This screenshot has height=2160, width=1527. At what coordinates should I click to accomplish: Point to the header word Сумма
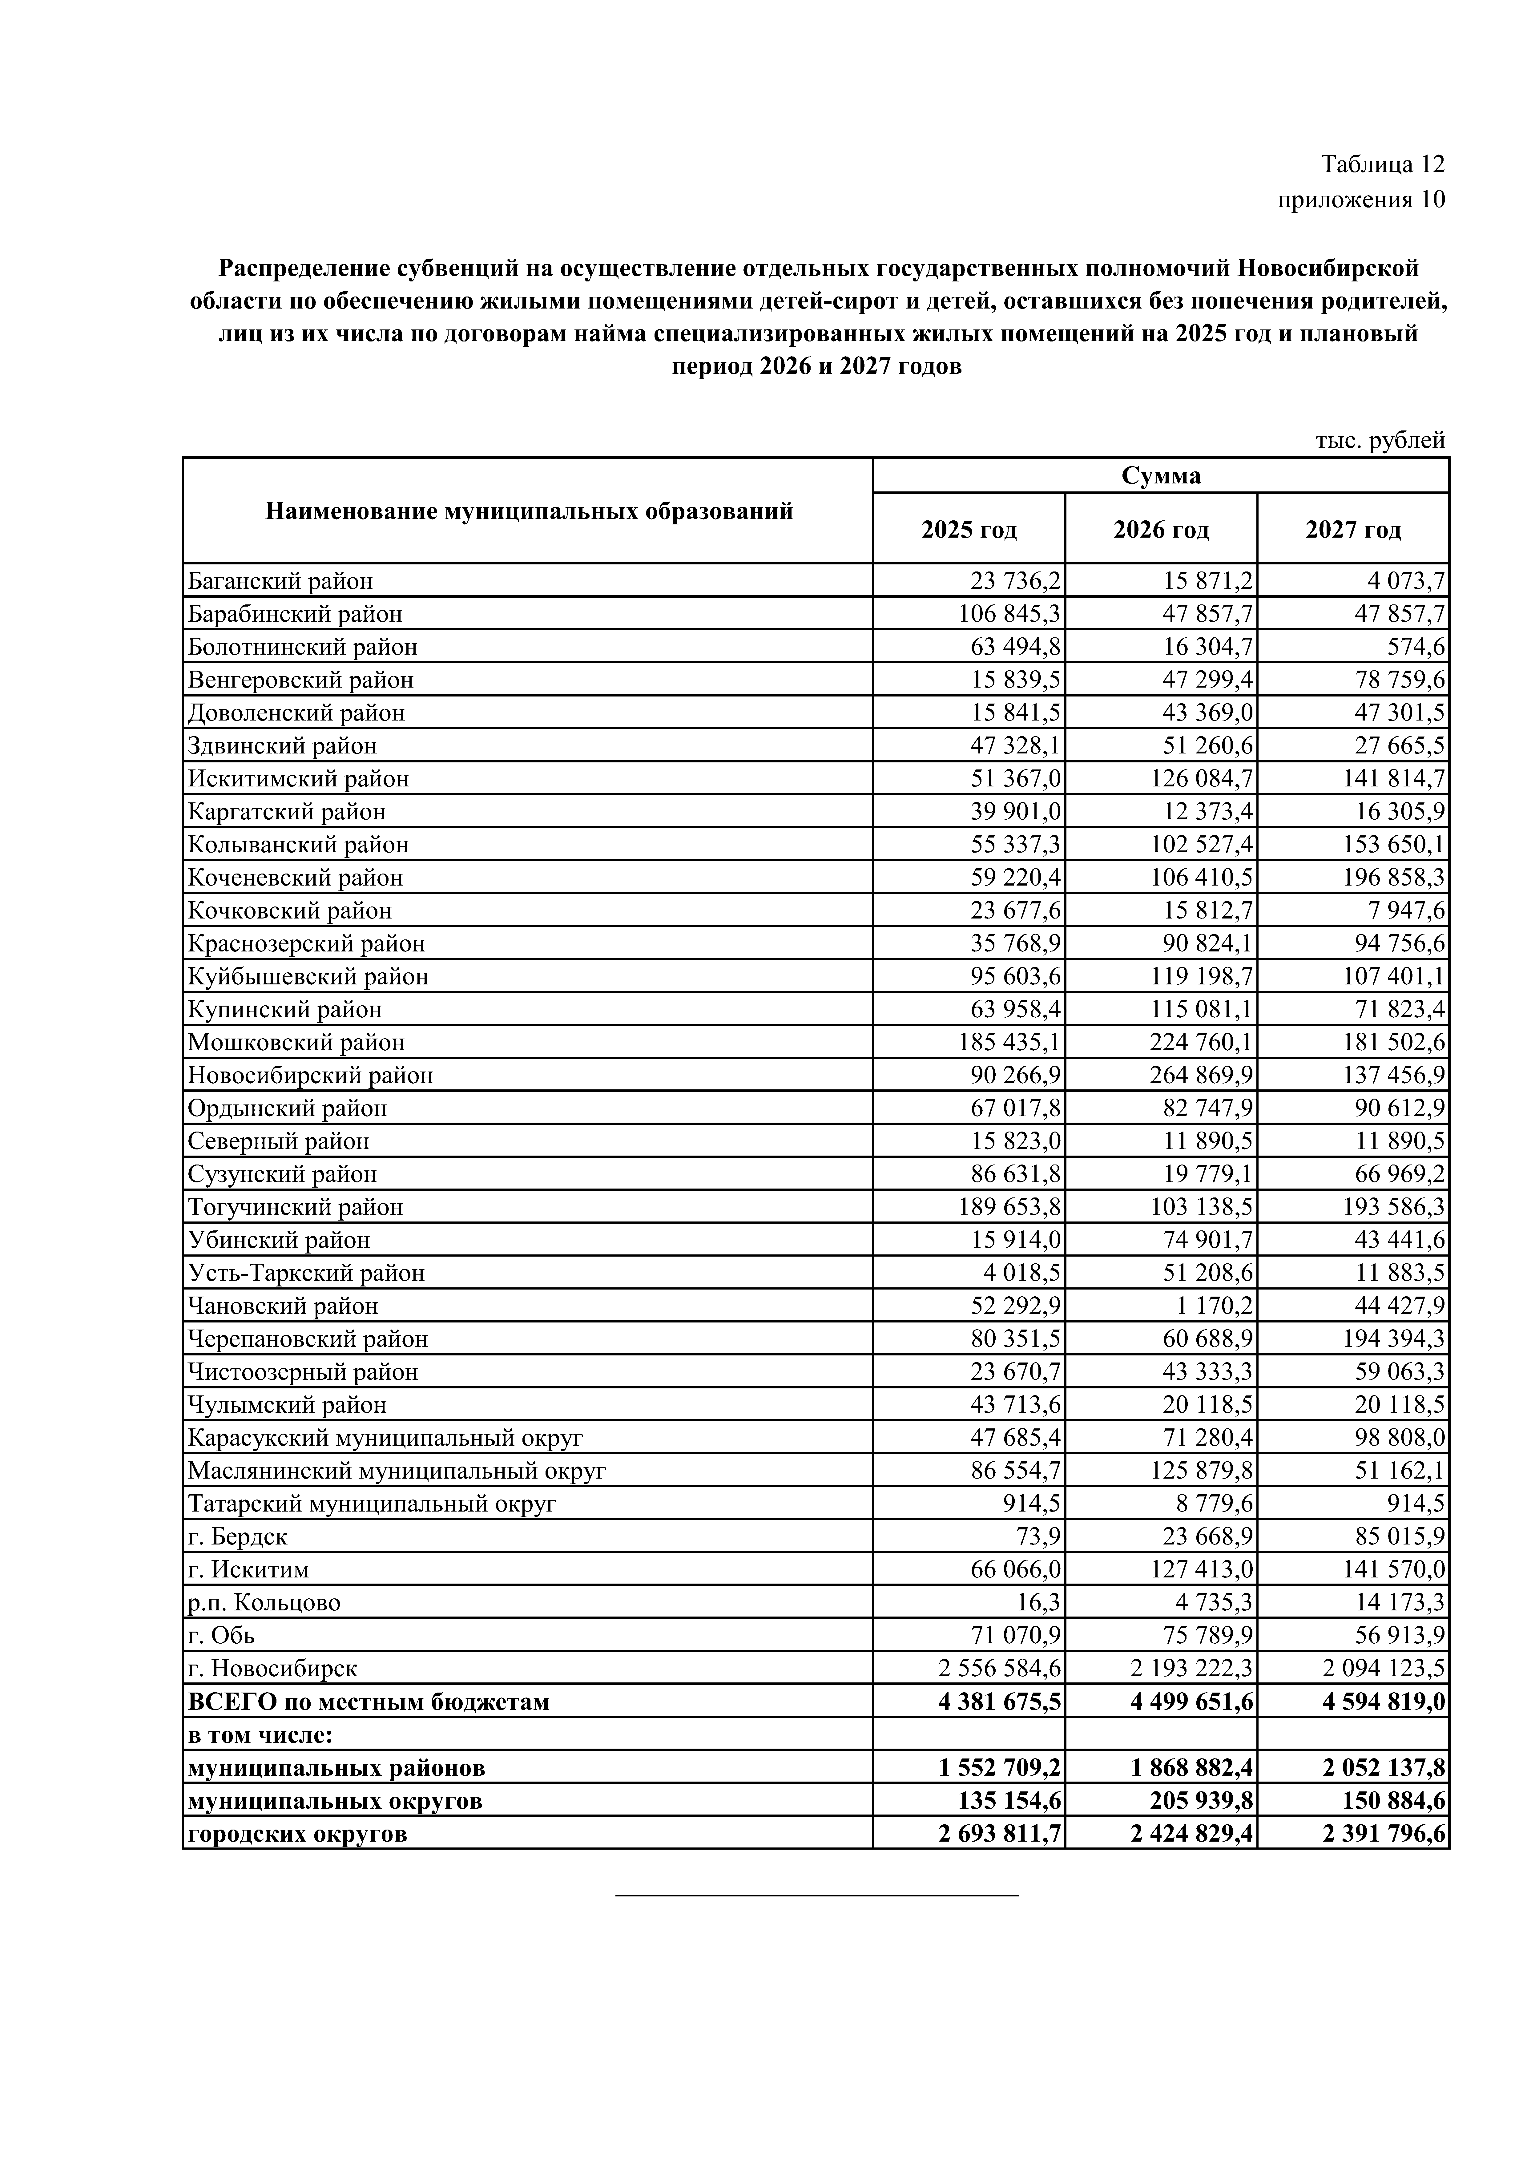point(1161,476)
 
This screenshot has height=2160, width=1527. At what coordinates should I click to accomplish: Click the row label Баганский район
point(280,581)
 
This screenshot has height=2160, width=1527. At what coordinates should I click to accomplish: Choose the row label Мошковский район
point(296,1042)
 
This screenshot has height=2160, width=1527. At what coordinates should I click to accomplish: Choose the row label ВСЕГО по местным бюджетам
point(369,1702)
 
